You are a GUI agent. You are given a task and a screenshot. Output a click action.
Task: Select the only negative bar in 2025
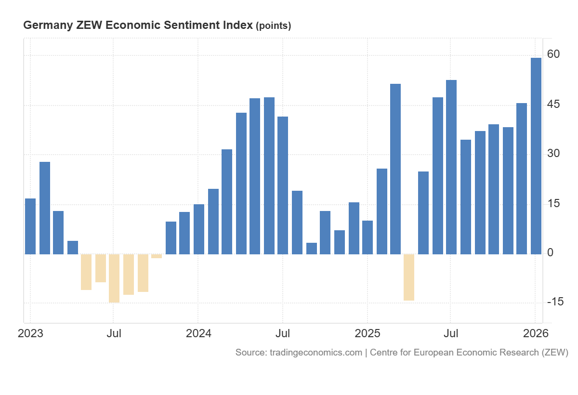coord(408,277)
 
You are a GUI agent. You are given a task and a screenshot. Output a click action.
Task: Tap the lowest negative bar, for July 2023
coord(114,278)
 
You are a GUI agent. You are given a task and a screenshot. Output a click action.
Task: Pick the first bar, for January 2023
coord(30,226)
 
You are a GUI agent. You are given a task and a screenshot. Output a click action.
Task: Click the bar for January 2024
coord(198,229)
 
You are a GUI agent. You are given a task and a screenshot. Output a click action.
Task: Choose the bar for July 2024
coord(283,185)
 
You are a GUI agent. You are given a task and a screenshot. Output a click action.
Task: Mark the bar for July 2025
coord(451,167)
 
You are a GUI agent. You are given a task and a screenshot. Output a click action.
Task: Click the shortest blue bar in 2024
coord(311,248)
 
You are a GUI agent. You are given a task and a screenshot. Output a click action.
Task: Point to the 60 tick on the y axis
coord(553,54)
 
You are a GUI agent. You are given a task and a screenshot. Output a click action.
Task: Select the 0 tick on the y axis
coord(550,253)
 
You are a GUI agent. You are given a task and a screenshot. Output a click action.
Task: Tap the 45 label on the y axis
coord(553,105)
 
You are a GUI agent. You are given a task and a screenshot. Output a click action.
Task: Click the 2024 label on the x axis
coord(198,333)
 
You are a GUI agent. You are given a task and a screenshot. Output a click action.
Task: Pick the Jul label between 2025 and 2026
coord(451,333)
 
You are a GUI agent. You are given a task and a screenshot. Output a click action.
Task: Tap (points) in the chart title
coord(273,26)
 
